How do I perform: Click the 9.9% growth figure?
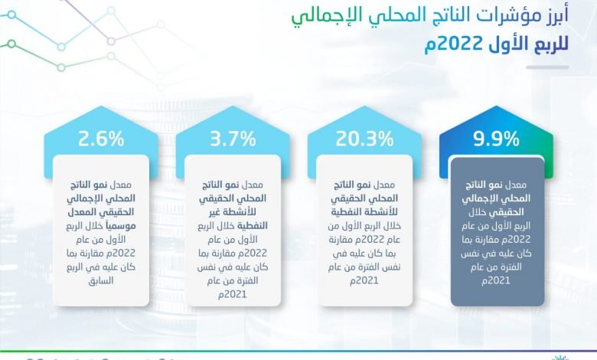click(x=496, y=139)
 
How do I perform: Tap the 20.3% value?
click(x=364, y=139)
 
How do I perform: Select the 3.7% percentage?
click(x=233, y=139)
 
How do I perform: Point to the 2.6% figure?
click(x=101, y=139)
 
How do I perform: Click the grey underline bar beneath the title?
click(x=547, y=67)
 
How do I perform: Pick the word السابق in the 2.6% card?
click(x=101, y=281)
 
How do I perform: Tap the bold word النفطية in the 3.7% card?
click(x=253, y=226)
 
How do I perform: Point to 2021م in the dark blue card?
click(x=496, y=281)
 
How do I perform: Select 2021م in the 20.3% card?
click(x=364, y=281)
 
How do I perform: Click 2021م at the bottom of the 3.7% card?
click(x=233, y=295)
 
